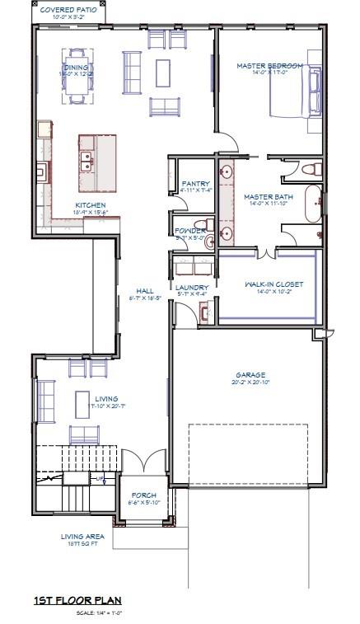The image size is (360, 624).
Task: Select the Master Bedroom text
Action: click(269, 65)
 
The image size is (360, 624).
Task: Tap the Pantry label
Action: click(195, 184)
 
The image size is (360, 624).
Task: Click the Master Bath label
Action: click(268, 196)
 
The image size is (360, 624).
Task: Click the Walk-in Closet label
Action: click(274, 284)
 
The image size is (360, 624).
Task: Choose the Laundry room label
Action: click(193, 287)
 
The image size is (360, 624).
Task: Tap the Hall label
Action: click(145, 291)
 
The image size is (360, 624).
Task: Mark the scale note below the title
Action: click(98, 612)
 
